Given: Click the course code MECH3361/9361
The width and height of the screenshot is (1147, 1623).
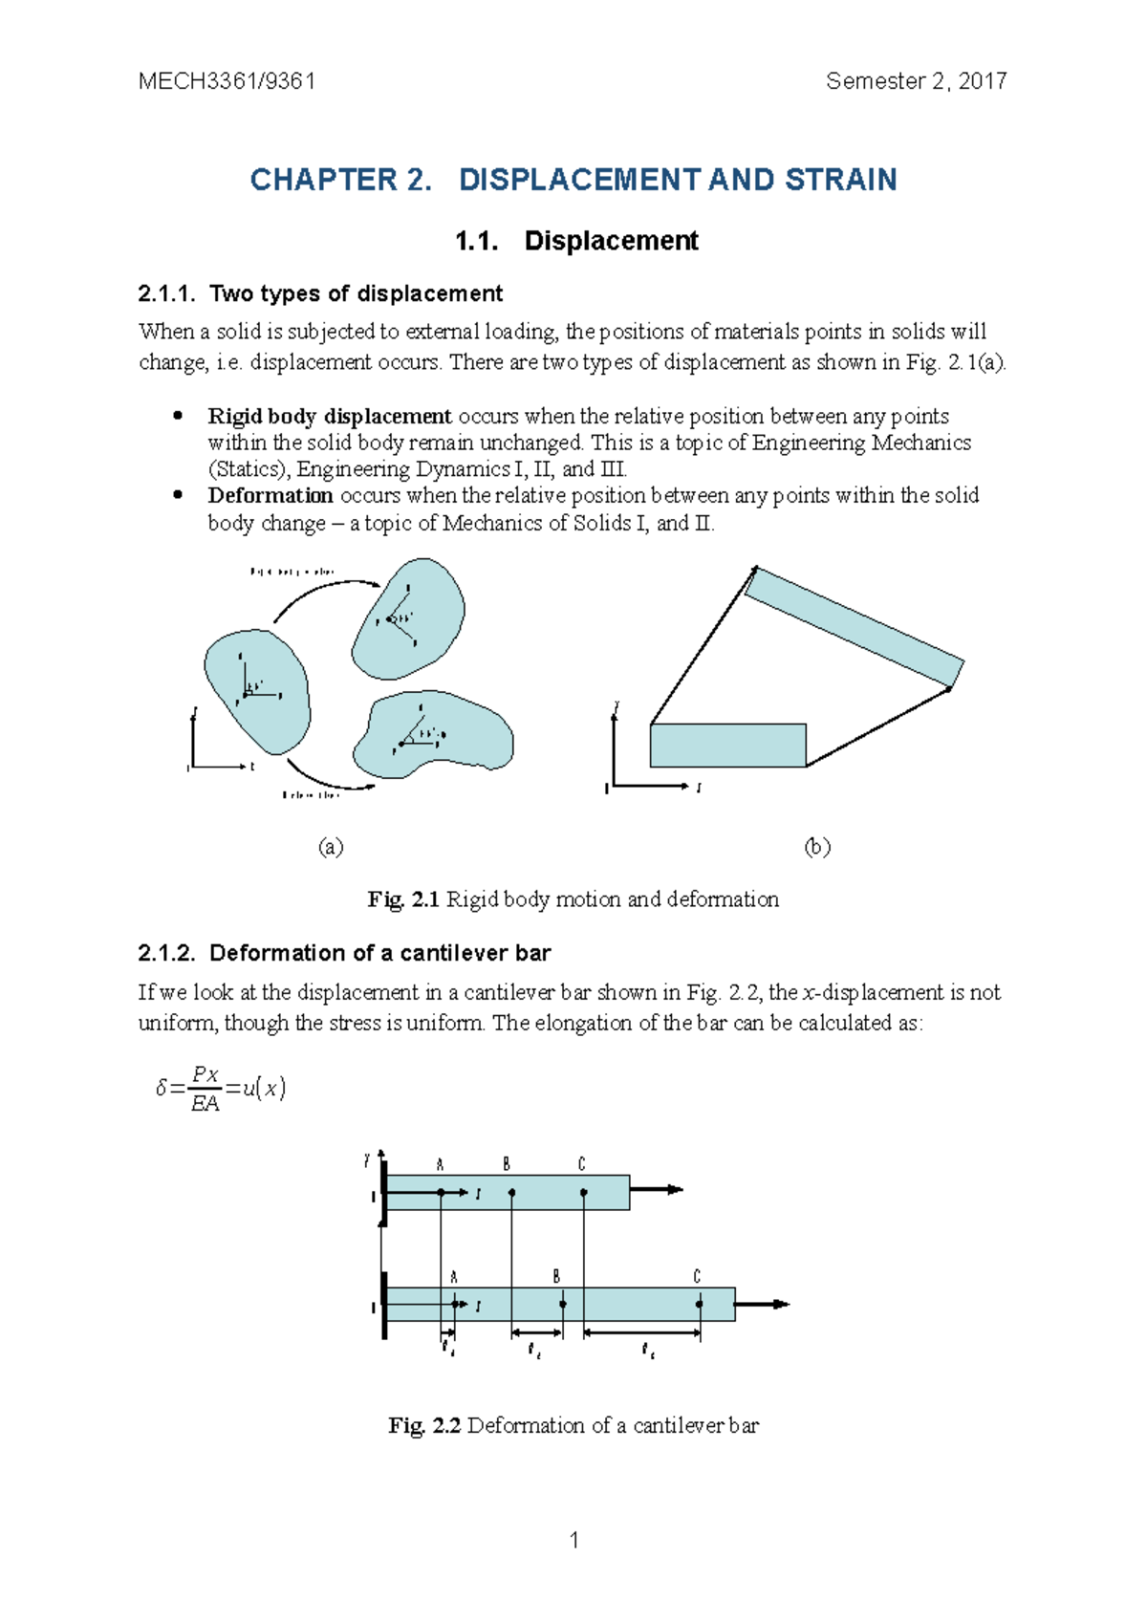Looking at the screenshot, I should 227,81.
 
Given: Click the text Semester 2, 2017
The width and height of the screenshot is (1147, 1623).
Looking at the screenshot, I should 916,81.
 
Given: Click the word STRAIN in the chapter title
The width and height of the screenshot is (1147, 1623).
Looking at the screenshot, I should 841,180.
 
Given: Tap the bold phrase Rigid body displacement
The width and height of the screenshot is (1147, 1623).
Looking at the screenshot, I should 330,417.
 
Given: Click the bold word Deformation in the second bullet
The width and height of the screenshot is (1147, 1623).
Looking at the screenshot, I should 271,496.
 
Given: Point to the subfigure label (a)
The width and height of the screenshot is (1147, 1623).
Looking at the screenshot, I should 331,847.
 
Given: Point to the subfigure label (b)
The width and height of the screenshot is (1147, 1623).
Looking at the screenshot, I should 817,847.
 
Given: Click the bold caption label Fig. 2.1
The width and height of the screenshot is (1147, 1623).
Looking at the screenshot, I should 403,899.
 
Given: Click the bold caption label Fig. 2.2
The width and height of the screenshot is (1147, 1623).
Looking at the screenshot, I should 424,1426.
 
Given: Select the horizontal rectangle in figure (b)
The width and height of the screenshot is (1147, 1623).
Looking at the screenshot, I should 727,746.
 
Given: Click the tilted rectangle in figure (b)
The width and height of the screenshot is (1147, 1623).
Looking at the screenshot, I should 854,627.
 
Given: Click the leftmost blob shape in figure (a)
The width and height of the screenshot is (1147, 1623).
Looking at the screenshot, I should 256,688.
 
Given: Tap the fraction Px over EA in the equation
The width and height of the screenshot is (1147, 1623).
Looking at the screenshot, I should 206,1089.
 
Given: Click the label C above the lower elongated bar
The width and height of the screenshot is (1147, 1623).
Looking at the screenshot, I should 697,1277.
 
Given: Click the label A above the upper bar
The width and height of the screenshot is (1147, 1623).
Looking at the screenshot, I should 440,1164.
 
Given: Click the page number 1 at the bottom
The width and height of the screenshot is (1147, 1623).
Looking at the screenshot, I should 573,1540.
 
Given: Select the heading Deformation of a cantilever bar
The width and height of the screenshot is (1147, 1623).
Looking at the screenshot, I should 379,953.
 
